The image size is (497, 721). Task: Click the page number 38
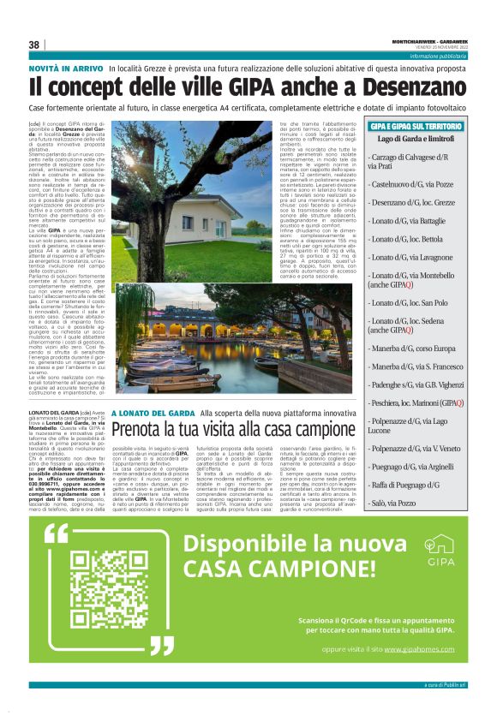[34, 45]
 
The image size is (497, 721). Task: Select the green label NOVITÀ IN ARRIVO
[67, 67]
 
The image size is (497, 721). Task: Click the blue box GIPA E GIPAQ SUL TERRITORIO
[416, 126]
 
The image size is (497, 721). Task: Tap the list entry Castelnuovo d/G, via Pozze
[411, 183]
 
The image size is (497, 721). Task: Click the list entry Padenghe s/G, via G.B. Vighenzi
[417, 385]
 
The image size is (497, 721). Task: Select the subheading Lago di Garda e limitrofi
[416, 139]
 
